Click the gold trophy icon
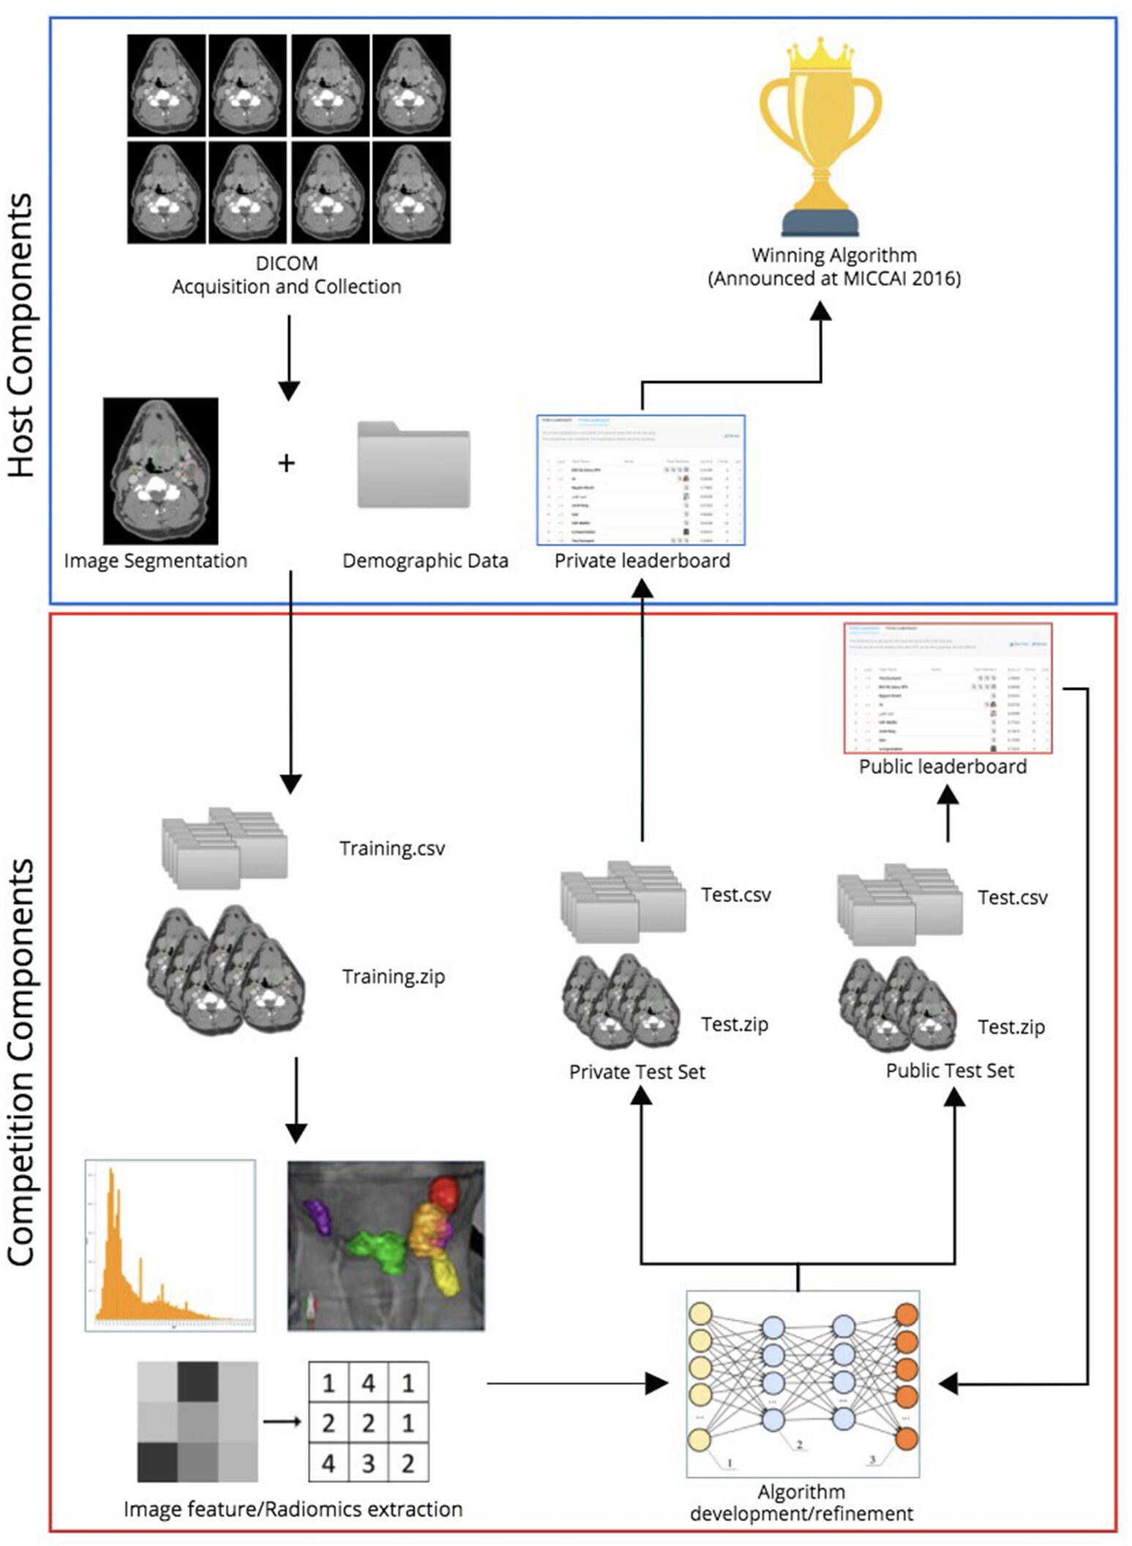click(820, 146)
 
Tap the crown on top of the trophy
click(820, 54)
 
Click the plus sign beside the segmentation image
click(286, 462)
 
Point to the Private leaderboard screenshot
click(641, 480)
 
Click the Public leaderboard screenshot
click(948, 688)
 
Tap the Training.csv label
click(391, 849)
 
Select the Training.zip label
click(393, 977)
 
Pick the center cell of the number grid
click(368, 1423)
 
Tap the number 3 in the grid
click(368, 1463)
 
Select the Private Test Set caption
click(637, 1072)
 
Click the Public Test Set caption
click(949, 1070)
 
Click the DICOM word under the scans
click(286, 263)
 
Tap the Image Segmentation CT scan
click(160, 471)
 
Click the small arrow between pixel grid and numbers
click(282, 1422)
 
